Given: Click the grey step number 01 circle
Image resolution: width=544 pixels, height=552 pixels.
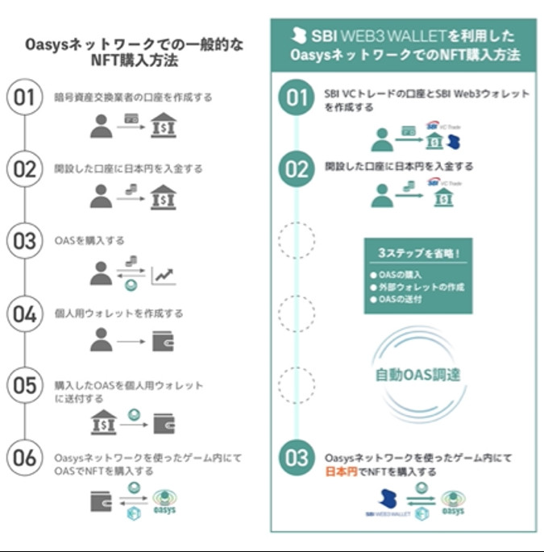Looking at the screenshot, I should (x=25, y=99).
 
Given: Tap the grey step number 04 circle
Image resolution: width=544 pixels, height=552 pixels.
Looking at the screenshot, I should (x=25, y=313).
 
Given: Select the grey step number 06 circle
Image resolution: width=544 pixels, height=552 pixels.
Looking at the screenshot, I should (x=25, y=457).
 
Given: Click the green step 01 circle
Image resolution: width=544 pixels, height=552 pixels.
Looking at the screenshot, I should (x=297, y=99).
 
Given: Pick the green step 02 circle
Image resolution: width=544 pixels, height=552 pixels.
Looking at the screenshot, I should (x=297, y=169).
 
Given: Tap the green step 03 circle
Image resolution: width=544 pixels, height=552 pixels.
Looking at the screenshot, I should (x=297, y=458).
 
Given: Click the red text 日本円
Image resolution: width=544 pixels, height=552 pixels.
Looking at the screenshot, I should (x=341, y=471).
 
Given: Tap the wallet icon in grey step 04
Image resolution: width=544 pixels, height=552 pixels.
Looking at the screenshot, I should (x=163, y=342).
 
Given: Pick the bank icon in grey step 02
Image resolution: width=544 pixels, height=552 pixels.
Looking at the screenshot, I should (x=163, y=197).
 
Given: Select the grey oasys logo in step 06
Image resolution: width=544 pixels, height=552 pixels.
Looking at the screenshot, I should (x=164, y=500).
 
